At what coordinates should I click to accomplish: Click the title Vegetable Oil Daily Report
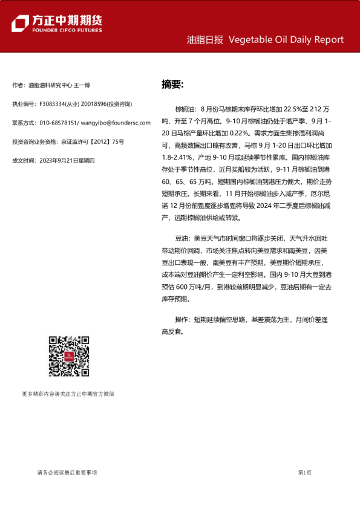coord(286,40)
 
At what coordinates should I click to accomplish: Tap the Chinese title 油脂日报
coord(205,40)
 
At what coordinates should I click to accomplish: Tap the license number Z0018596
coord(96,104)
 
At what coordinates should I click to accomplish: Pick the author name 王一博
coord(82,85)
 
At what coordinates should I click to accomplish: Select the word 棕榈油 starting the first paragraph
coord(185,109)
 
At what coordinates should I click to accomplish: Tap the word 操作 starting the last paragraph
coord(182,320)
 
